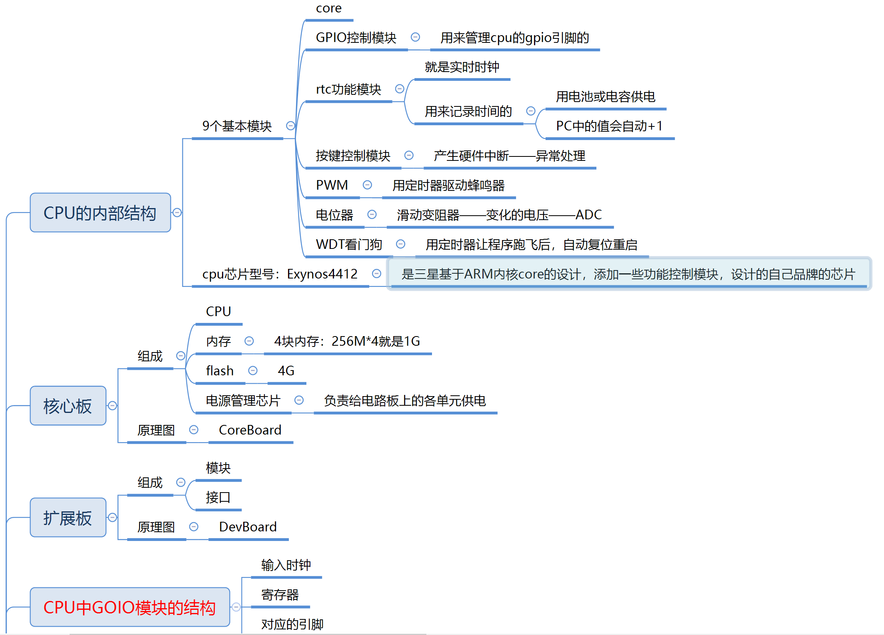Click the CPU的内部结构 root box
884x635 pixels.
point(100,213)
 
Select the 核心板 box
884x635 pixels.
point(68,406)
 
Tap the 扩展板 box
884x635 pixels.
point(68,518)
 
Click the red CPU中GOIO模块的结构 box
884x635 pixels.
point(130,607)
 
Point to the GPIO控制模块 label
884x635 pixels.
point(356,38)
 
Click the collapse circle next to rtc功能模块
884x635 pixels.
point(399,89)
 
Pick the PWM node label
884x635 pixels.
point(332,185)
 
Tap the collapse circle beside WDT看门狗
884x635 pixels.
point(400,244)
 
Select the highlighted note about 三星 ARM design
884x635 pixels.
point(628,274)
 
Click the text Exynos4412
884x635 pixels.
point(322,274)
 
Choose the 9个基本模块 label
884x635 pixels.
point(237,126)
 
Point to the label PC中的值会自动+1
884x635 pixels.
point(609,126)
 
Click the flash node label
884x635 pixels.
point(220,371)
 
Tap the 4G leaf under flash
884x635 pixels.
point(286,371)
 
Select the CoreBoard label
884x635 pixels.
point(250,430)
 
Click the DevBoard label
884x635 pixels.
point(248,527)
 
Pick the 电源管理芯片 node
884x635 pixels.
point(243,401)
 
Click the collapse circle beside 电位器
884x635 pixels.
point(372,214)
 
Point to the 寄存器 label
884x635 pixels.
point(280,595)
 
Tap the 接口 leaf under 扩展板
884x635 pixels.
point(218,497)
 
